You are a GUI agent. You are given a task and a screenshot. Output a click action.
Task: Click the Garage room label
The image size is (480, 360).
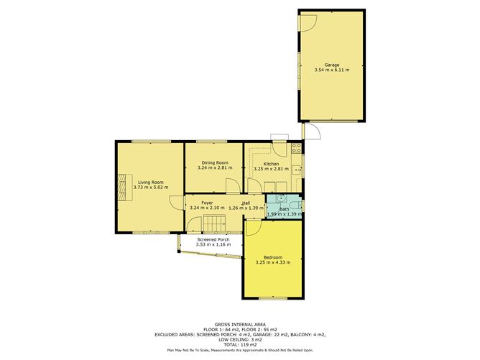[331, 65]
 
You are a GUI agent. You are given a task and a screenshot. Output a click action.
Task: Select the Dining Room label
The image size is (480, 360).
[213, 163]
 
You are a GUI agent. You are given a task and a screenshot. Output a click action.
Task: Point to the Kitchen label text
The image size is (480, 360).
[271, 164]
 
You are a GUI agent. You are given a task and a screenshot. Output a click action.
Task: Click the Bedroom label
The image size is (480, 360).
[272, 257]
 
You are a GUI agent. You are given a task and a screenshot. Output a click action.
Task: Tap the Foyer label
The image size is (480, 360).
[207, 203]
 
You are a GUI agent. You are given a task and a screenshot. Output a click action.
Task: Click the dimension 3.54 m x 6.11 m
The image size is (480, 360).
[331, 70]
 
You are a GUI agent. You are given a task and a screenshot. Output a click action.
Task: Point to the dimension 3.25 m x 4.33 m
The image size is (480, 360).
[272, 263]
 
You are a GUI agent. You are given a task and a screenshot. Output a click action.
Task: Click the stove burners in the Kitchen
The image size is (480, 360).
[296, 149]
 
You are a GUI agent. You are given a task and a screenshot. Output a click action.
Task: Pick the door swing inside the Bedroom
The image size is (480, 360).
[252, 228]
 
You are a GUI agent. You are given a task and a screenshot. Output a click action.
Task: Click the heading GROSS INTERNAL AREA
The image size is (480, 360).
[240, 324]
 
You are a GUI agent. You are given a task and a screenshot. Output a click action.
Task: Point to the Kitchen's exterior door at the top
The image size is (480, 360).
[280, 139]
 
